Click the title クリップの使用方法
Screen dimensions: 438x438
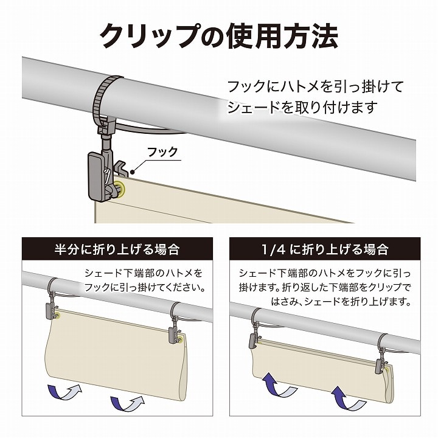pos(219,36)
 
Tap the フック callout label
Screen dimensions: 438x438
pos(162,151)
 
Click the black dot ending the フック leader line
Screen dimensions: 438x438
pos(133,172)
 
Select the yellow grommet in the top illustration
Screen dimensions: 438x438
pos(120,189)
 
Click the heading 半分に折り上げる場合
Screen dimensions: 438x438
pos(117,249)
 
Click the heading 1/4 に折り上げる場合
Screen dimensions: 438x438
pos(325,249)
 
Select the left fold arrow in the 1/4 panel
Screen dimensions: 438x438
pos(279,386)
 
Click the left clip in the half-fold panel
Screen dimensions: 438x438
pos(51,308)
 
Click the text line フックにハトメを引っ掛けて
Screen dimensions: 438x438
pos(316,86)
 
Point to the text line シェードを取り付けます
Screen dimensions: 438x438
pos(302,108)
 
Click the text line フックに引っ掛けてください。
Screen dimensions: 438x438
pos(145,287)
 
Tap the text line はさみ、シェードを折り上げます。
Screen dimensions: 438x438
pos(341,301)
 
